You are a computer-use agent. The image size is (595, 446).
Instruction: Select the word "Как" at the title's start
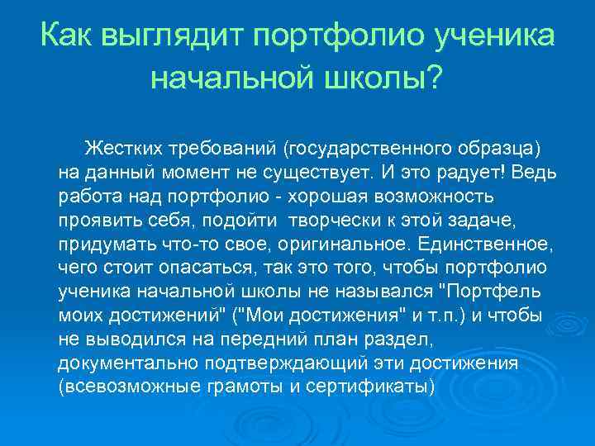coord(65,37)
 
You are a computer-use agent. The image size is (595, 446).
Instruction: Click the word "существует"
coord(310,173)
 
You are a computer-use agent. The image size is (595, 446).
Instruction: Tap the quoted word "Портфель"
coord(495,292)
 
